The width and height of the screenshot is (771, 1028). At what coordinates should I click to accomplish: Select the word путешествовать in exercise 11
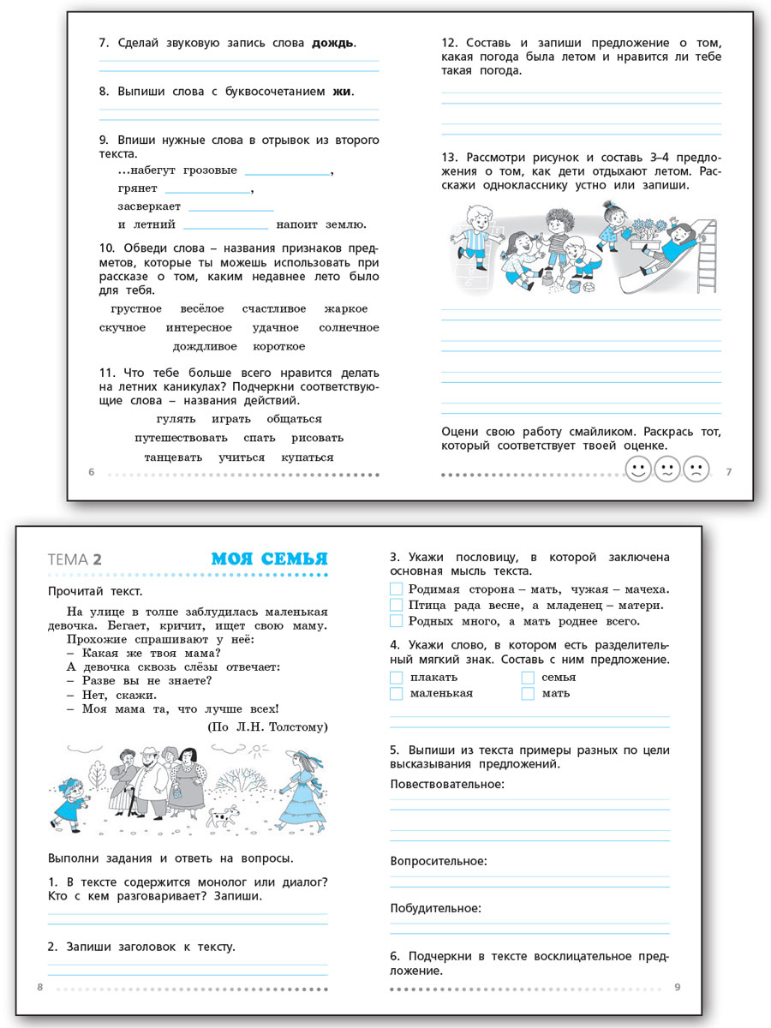(x=175, y=438)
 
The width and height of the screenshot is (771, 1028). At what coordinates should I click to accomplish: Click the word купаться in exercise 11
(x=308, y=457)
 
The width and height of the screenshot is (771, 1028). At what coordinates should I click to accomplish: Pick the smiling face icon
(x=637, y=469)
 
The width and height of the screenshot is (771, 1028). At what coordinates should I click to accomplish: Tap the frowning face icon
(x=696, y=469)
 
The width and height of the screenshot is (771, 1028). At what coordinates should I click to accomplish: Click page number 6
(x=92, y=472)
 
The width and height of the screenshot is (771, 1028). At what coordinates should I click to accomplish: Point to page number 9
(x=678, y=988)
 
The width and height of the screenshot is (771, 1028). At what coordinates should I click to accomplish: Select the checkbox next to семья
(x=528, y=678)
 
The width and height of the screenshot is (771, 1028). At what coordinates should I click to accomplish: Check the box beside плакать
(x=396, y=678)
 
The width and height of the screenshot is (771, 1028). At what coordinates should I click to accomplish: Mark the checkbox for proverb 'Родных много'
(x=396, y=621)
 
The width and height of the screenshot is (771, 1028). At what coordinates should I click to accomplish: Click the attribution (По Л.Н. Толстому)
(x=267, y=726)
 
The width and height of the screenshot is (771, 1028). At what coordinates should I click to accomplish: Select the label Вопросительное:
(x=438, y=861)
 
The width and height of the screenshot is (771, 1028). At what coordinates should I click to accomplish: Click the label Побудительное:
(x=435, y=908)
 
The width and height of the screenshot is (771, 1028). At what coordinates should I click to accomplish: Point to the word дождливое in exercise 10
(x=204, y=346)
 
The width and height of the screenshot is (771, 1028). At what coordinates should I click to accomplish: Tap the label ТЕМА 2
(x=76, y=559)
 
